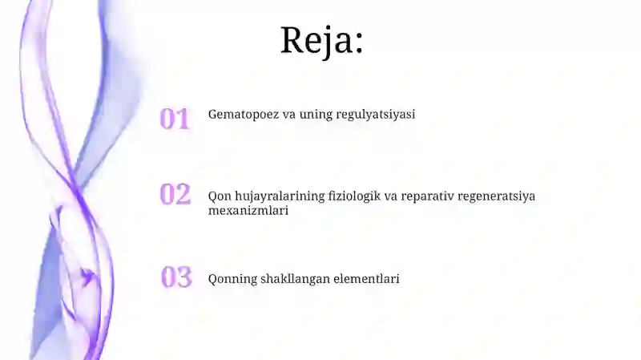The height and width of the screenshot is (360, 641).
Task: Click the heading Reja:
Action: [321, 39]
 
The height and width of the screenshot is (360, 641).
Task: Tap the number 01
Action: [175, 119]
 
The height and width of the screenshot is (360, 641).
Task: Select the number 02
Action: [175, 194]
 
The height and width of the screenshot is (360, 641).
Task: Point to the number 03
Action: [176, 277]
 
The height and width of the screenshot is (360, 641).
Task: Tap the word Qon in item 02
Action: [219, 196]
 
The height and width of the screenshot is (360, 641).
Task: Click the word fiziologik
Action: [350, 196]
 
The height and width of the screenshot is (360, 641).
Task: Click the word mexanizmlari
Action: [248, 211]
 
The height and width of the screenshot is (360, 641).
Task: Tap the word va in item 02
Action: [392, 196]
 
